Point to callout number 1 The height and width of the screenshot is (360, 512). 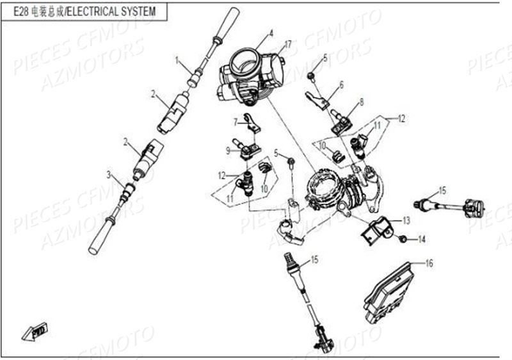coord(177,60)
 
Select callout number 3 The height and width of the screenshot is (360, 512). coord(109,175)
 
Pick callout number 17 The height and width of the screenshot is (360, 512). coord(289,44)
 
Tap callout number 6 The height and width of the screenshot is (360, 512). coord(341,84)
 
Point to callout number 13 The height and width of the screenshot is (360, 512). coord(406,220)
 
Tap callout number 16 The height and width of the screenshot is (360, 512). coord(429,263)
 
